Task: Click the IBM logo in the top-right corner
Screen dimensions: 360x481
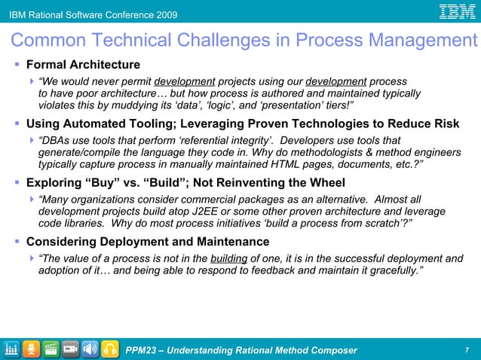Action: click(458, 12)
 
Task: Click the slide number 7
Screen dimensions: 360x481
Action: click(467, 349)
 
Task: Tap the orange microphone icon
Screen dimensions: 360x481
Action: click(31, 349)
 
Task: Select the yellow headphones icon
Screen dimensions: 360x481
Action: click(109, 349)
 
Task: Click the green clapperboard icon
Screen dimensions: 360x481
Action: click(51, 349)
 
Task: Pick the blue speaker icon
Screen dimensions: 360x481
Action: click(90, 349)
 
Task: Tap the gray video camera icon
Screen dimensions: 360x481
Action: click(70, 349)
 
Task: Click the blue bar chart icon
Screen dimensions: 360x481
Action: click(11, 349)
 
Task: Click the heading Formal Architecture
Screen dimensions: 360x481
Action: click(83, 65)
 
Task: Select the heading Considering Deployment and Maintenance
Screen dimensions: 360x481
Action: click(148, 242)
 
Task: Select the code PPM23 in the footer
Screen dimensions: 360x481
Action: click(142, 349)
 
